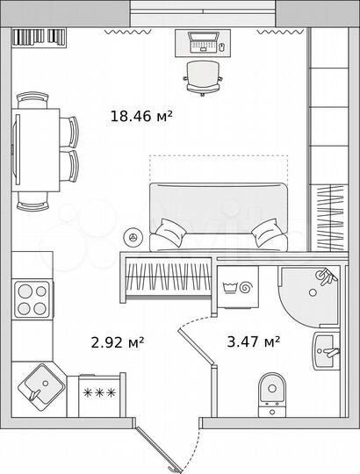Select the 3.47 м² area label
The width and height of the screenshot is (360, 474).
[253, 341]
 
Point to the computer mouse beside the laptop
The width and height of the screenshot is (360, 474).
[222, 47]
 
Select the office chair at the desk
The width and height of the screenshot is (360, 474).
[203, 76]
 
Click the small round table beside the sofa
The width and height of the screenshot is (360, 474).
[133, 236]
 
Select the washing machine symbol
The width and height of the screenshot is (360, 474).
[237, 287]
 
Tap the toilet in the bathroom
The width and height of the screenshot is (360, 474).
[272, 392]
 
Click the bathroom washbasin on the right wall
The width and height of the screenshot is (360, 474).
[324, 353]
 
